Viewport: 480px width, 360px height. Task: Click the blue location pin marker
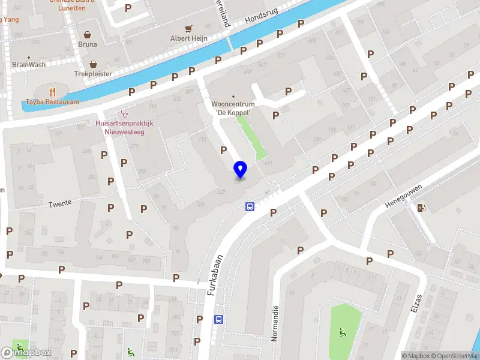[x=241, y=169]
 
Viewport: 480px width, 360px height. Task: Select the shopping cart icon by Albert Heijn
[x=188, y=28]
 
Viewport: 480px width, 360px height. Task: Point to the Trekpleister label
[x=93, y=74]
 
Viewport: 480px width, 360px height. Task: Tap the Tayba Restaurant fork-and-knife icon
[x=53, y=92]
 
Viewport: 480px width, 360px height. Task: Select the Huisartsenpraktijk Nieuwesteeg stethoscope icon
[x=125, y=112]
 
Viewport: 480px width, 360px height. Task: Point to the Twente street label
[x=60, y=203]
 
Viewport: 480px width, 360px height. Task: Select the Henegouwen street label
[x=404, y=196]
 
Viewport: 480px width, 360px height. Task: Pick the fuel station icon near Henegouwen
[x=422, y=208]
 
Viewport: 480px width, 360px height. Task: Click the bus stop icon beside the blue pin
[x=249, y=207]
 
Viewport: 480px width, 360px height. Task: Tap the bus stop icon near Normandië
[x=220, y=320]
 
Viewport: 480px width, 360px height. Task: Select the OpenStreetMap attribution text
[x=454, y=356]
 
